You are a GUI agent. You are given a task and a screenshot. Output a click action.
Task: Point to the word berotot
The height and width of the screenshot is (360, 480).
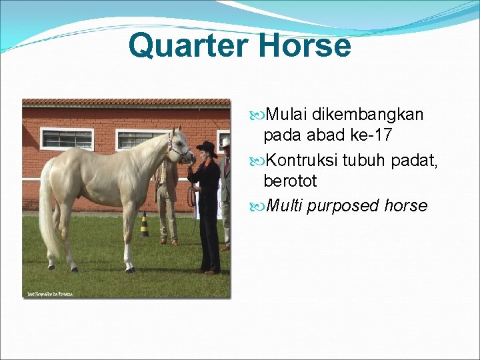(290, 181)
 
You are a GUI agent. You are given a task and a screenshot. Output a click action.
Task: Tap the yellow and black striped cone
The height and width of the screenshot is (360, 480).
(144, 225)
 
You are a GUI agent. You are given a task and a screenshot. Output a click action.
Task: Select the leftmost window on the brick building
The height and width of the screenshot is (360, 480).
(67, 139)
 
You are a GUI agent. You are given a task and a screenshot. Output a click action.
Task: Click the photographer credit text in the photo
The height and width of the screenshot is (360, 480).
(49, 293)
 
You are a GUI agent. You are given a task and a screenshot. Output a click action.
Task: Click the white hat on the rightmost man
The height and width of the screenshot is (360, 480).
(226, 143)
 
